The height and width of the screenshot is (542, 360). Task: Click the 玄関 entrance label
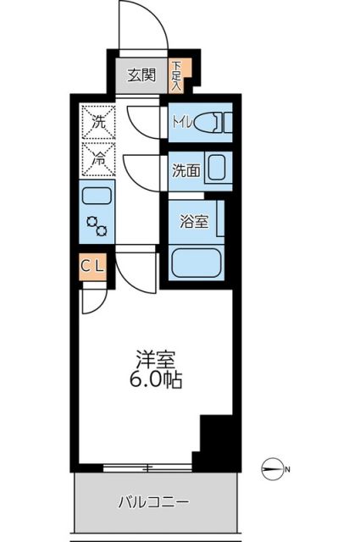(x=141, y=75)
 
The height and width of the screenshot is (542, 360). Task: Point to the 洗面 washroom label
(x=186, y=169)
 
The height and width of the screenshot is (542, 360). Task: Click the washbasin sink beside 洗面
(x=218, y=169)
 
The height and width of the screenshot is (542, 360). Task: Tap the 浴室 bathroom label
(x=193, y=222)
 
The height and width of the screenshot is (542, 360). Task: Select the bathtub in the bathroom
(x=197, y=263)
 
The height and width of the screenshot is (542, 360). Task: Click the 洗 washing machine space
(x=97, y=121)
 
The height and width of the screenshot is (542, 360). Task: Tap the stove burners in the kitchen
(x=97, y=226)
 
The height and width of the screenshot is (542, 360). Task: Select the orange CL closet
(x=93, y=266)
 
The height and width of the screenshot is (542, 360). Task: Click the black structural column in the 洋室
(x=215, y=440)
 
